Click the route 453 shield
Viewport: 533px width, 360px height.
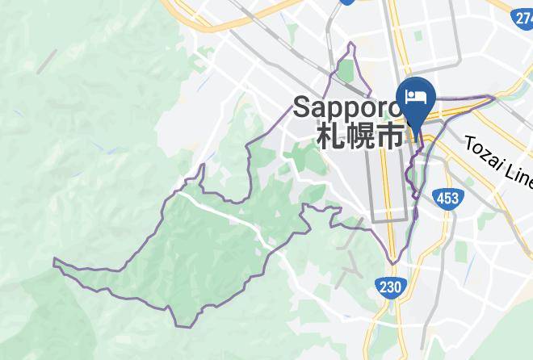coord(446,199)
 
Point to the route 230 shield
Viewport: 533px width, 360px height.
coord(389,286)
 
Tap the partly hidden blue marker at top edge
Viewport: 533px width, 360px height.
coord(348,2)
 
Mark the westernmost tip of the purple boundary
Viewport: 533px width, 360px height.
coord(54,261)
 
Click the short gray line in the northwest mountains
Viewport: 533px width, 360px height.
coord(48,61)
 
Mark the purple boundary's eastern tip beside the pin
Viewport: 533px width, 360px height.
coord(493,98)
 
